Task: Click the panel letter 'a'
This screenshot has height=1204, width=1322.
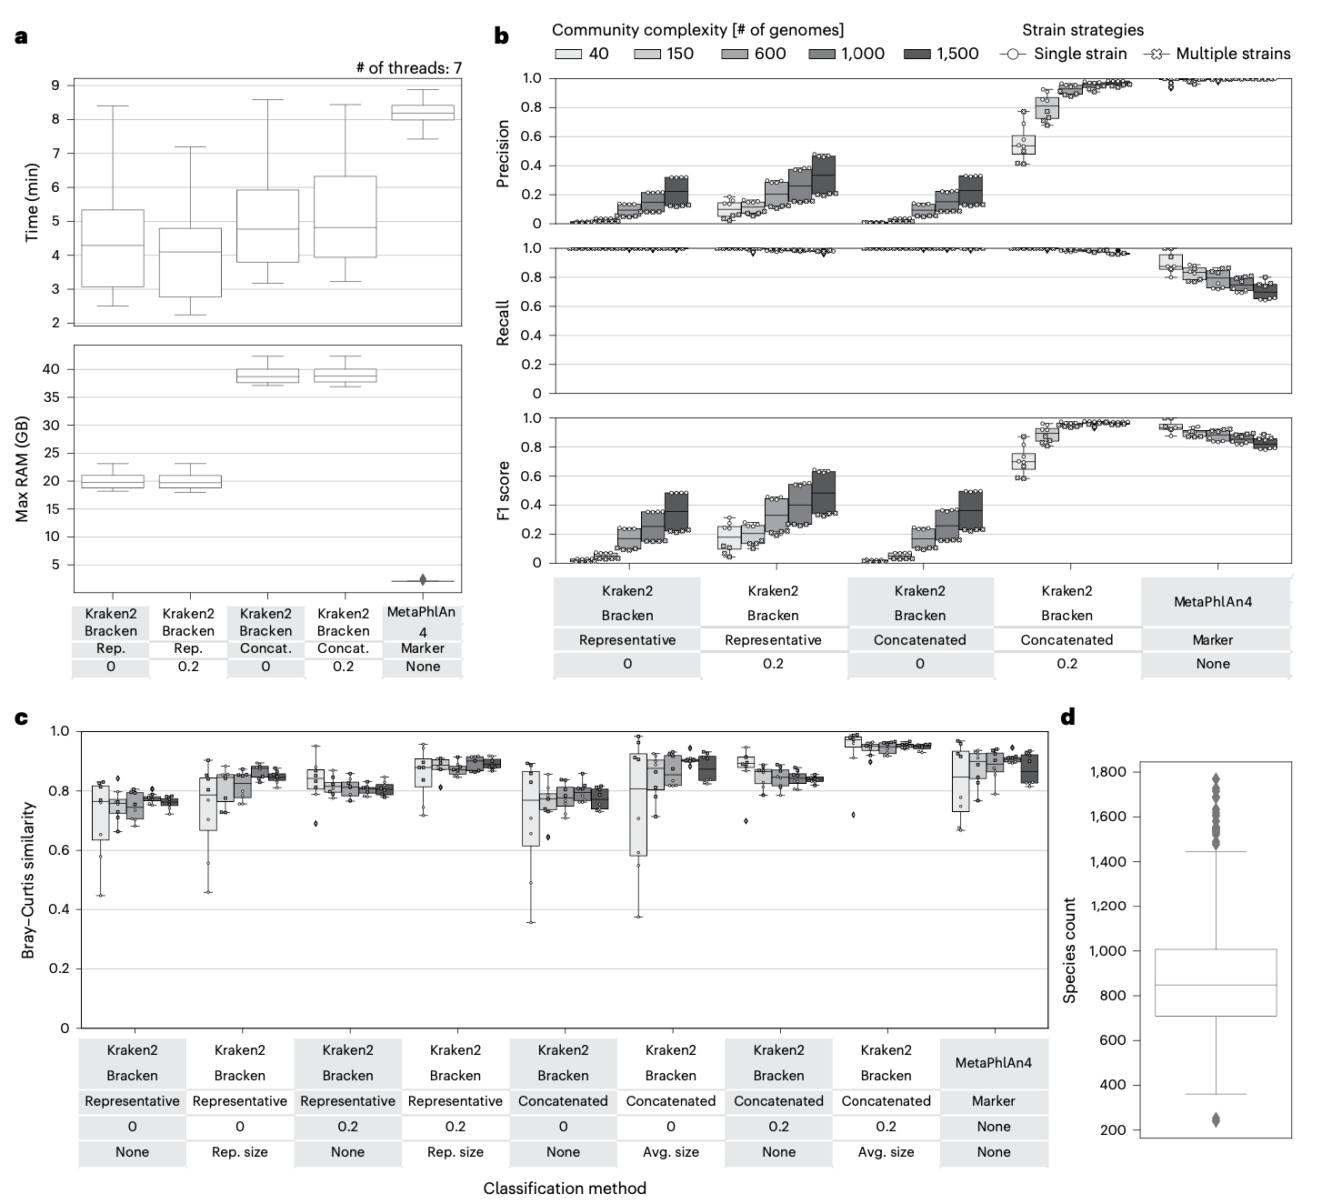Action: (x=21, y=37)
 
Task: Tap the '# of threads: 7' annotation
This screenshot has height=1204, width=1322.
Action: (x=408, y=68)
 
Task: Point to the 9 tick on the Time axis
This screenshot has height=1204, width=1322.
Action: (x=55, y=85)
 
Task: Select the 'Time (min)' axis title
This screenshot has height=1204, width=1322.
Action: (x=32, y=201)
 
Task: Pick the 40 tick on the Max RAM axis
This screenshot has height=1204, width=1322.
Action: (x=51, y=369)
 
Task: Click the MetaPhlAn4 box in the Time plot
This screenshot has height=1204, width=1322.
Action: (x=423, y=112)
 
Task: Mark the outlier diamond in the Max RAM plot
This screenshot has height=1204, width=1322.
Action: (x=423, y=579)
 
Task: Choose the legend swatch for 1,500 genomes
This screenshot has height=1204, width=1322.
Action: (x=918, y=54)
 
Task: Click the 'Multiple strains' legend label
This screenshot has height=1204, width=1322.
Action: (x=1232, y=54)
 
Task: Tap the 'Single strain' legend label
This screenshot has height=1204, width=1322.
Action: (x=1080, y=54)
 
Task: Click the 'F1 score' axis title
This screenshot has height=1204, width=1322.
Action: (x=503, y=490)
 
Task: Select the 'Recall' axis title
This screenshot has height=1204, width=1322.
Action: (x=503, y=322)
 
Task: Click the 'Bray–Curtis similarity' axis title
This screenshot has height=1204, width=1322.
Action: (x=28, y=880)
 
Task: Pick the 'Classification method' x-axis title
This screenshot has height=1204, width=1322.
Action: (x=565, y=1189)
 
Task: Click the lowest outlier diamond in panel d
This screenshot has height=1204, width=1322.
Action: (x=1216, y=1119)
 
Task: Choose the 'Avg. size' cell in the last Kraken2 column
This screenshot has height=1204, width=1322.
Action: (x=886, y=1152)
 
